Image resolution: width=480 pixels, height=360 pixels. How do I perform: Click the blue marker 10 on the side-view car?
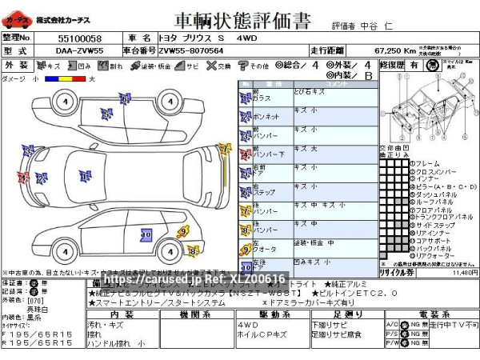(x=146, y=234)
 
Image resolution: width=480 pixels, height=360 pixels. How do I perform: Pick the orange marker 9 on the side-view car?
(x=182, y=232)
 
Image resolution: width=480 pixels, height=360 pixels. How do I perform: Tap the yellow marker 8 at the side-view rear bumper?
(x=193, y=251)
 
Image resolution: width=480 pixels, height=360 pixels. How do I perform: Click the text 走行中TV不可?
(x=453, y=326)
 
